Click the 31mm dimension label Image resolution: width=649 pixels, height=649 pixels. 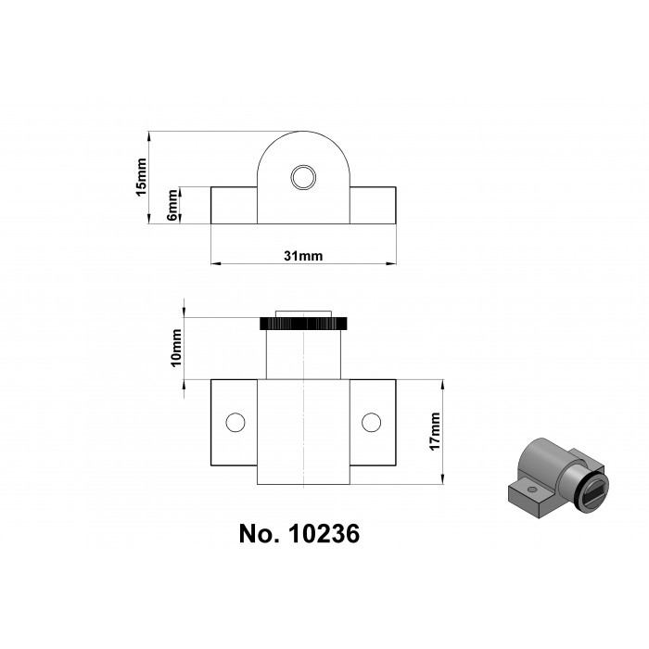303,256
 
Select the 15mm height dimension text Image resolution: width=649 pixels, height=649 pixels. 141,177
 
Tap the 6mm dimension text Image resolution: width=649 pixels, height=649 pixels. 172,206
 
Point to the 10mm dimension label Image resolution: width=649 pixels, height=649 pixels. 175,349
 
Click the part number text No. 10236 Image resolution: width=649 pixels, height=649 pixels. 299,535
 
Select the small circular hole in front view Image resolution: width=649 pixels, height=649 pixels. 302,177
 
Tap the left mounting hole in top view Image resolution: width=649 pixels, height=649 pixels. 235,423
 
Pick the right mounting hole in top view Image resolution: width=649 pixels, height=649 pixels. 371,423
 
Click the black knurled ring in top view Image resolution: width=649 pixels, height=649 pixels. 303,324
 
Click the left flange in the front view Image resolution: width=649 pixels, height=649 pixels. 234,205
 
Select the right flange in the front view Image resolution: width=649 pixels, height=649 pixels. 373,205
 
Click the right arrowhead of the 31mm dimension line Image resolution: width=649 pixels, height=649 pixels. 392,264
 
